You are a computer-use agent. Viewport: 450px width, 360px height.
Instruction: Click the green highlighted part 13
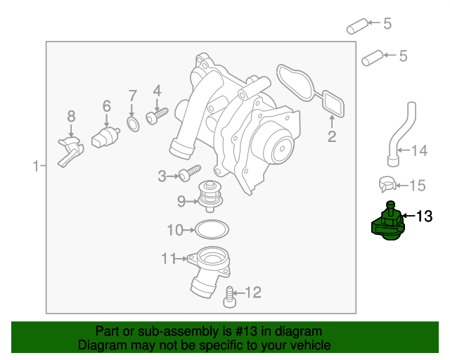(387, 227)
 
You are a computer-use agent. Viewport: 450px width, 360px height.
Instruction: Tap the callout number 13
(424, 217)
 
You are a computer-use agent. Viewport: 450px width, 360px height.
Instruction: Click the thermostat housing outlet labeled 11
(208, 271)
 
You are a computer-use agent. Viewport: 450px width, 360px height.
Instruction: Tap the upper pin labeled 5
(358, 27)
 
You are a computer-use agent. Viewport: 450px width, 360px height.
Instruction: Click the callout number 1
(35, 167)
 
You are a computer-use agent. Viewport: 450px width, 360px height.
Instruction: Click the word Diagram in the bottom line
(99, 345)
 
